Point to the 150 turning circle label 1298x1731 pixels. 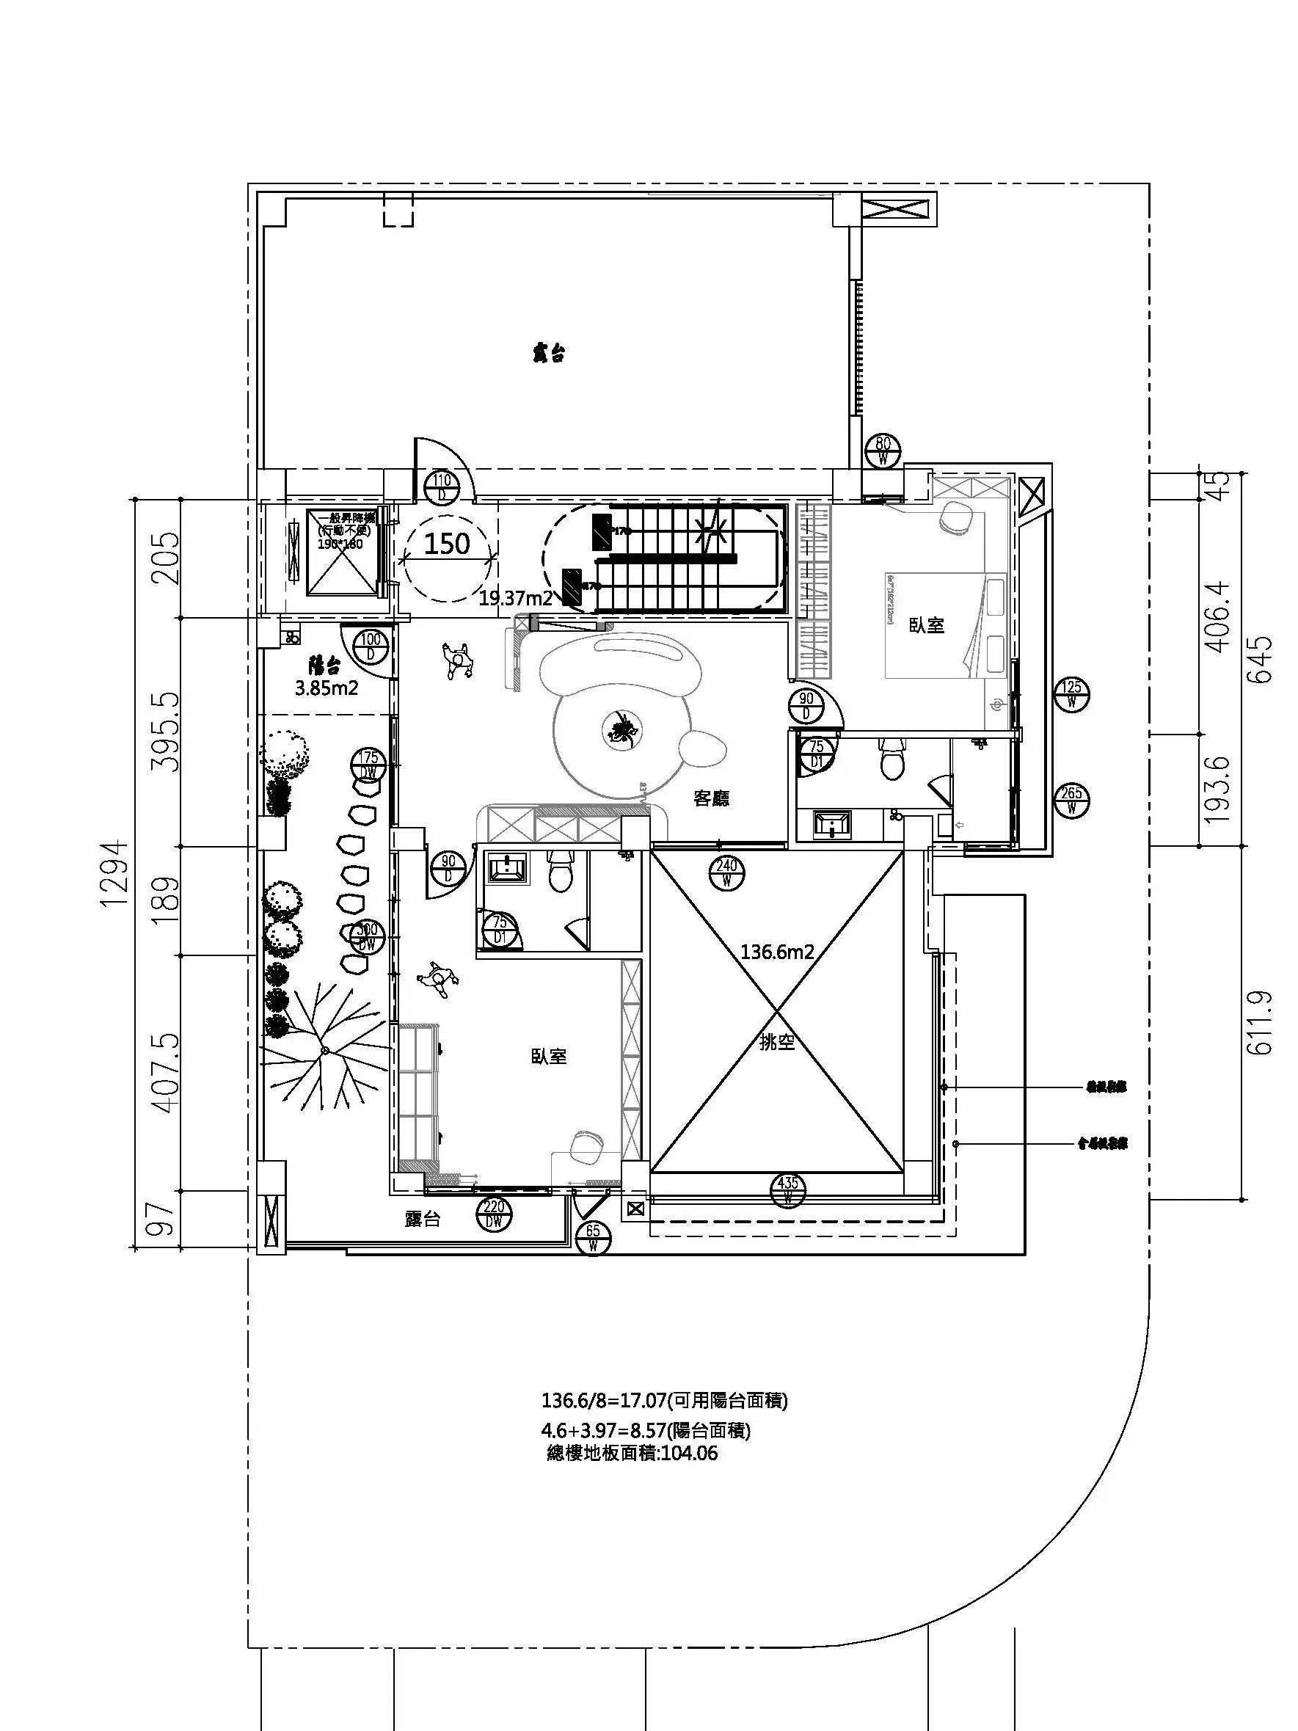point(447,543)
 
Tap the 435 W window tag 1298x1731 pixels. point(787,1190)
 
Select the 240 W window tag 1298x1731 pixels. point(727,872)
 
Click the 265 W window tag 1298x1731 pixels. point(1071,800)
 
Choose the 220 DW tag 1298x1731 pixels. point(494,1214)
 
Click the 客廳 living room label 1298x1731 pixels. point(712,799)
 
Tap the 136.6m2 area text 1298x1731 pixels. point(778,952)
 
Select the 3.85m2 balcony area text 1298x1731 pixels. point(327,688)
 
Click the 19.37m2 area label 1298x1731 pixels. point(516,600)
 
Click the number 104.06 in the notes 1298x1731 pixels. point(689,1453)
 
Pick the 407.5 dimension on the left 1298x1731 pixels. point(167,1073)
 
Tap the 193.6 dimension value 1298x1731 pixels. point(1217,789)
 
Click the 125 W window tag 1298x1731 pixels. point(1071,693)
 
